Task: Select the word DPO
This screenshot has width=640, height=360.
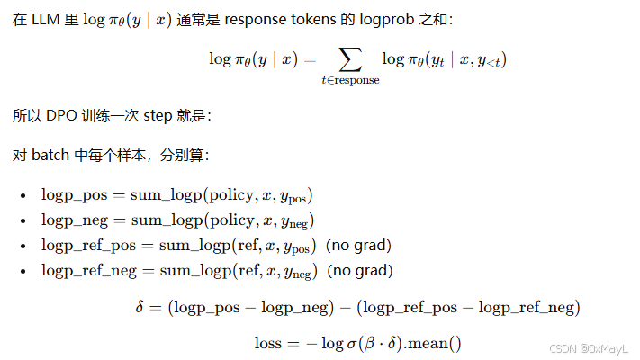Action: coord(62,116)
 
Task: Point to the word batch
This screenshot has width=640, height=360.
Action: coord(50,155)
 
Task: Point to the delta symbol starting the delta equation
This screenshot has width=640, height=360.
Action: coord(140,308)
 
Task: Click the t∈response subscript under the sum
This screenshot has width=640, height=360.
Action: coord(350,80)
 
